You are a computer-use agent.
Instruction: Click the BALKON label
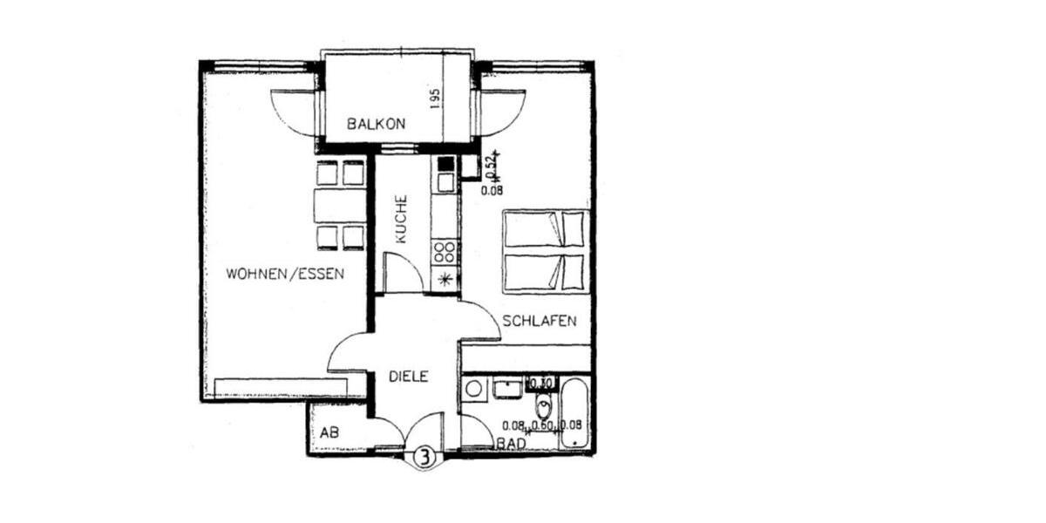tap(377, 124)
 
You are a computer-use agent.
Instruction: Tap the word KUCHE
tap(401, 218)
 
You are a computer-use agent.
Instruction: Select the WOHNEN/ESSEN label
tap(285, 274)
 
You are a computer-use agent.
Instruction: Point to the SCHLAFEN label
tap(540, 321)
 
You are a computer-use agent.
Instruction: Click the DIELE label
tap(409, 377)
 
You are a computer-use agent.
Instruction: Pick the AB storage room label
tap(329, 432)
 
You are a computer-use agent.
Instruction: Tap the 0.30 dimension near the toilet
tap(543, 382)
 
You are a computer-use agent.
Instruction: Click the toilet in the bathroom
tap(545, 404)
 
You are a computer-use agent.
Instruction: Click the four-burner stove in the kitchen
tap(445, 252)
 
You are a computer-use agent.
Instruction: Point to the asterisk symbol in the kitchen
tap(446, 280)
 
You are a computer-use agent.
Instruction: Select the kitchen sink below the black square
tap(445, 182)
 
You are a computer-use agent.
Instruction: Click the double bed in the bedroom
tap(547, 250)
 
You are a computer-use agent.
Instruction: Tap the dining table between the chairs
tap(340, 206)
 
